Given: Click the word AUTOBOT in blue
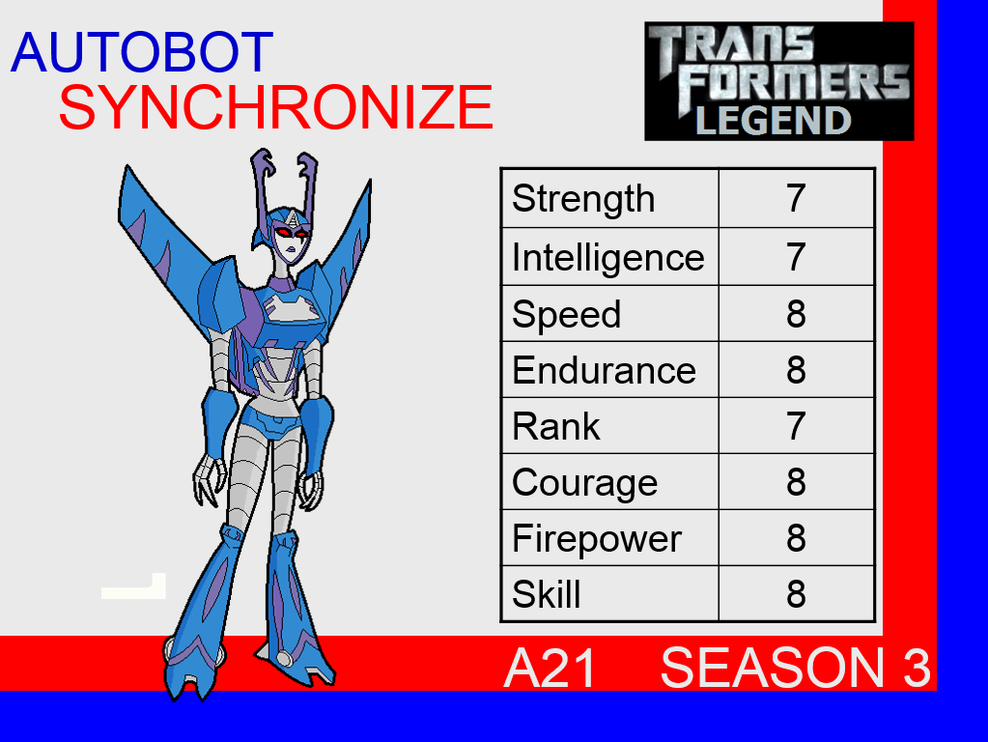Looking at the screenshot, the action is pos(142,52).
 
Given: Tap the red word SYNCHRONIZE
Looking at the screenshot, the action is pos(276,107).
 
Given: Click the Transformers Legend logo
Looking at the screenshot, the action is pos(778,81).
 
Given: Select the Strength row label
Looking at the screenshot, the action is pos(583,199).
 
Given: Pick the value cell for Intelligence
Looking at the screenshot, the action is pos(797,257).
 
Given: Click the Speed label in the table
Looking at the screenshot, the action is pos(567,314).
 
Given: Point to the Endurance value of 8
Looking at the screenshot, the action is pos(797,370).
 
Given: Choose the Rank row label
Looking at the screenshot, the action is pos(555,427).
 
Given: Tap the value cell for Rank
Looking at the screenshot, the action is pos(797,425).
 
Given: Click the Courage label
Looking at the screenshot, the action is pos(584,484).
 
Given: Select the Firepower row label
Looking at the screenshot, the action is pos(597,539).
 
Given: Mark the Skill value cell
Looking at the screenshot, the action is pos(797,594).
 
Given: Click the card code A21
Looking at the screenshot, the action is pos(550,669).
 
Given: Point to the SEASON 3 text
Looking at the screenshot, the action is pos(795,669).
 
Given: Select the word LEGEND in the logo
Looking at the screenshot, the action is pos(774,121).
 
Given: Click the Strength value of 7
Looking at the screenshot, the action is pos(797,199).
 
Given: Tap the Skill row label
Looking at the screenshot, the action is pos(546,594).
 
